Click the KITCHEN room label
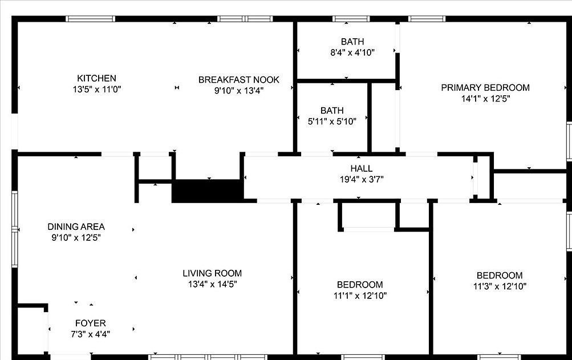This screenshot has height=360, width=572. click(96, 78)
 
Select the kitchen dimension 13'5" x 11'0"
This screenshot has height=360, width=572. click(96, 89)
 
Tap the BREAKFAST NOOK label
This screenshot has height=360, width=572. click(239, 79)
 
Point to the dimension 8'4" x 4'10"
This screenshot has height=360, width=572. click(352, 52)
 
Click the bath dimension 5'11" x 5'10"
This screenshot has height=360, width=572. click(331, 121)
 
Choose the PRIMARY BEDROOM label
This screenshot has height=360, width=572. click(485, 87)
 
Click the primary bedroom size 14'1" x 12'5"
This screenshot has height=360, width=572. click(485, 98)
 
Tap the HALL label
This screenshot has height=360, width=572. click(361, 168)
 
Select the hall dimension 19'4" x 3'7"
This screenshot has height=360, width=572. click(361, 179)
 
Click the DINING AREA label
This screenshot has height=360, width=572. click(76, 226)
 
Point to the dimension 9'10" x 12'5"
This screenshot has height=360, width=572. click(76, 237)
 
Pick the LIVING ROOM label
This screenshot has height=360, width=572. click(212, 273)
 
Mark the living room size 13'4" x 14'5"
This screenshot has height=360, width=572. click(212, 284)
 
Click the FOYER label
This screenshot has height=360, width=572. click(90, 323)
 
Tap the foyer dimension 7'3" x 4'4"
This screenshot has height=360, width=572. click(90, 334)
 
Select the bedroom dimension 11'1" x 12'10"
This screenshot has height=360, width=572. click(359, 296)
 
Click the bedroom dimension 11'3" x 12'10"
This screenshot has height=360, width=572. click(499, 286)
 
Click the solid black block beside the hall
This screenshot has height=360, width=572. click(206, 191)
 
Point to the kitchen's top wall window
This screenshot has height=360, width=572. click(90, 19)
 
